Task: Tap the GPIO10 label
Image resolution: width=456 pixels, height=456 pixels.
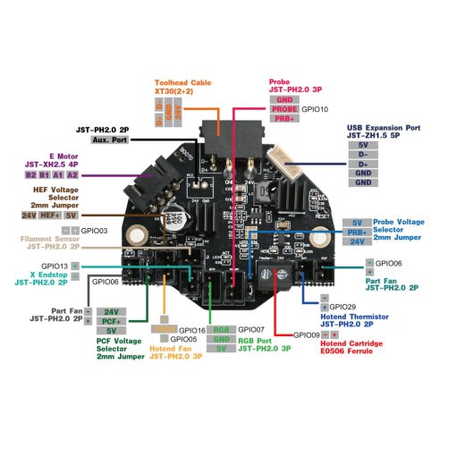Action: click(x=316, y=109)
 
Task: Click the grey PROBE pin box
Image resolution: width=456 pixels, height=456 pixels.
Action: click(x=284, y=109)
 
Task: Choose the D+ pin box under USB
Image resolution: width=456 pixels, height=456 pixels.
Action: click(x=362, y=164)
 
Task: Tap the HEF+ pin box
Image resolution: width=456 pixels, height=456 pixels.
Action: click(x=52, y=215)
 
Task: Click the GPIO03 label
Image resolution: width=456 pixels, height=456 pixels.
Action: click(x=94, y=231)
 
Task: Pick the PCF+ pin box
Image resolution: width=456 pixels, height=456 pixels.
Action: click(x=111, y=320)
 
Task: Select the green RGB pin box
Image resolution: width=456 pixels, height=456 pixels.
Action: click(x=223, y=330)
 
